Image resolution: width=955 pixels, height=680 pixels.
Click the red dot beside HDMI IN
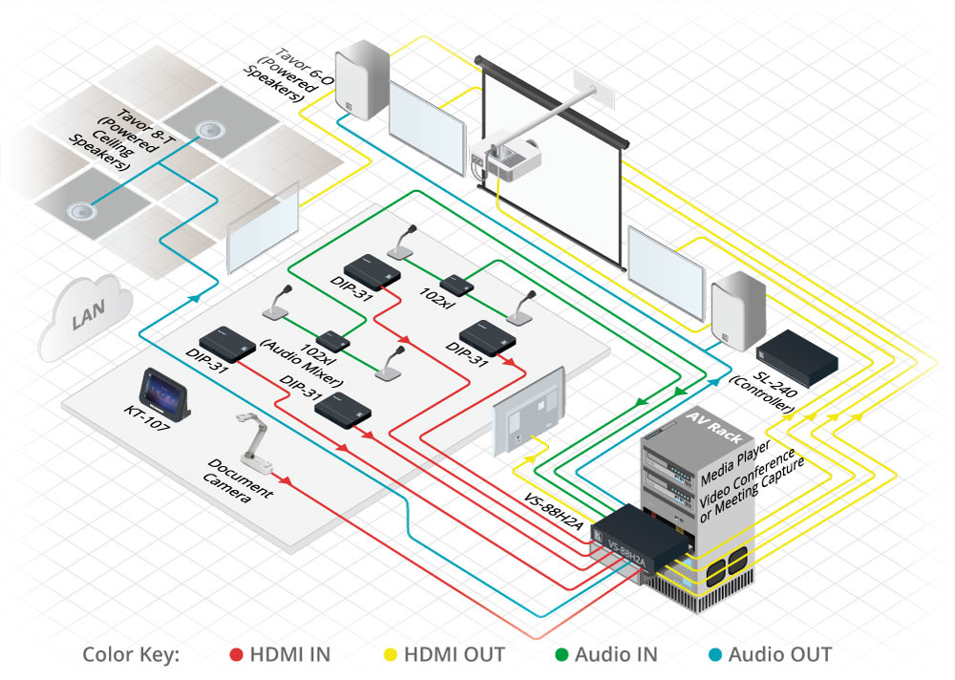[236, 655]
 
